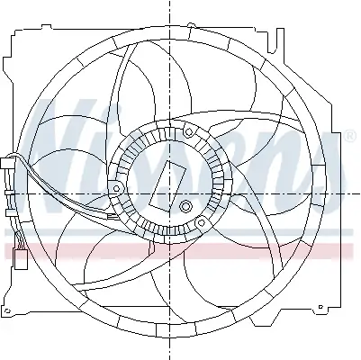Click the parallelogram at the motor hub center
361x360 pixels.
tap(167, 183)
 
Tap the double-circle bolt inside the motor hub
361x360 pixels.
tap(186, 208)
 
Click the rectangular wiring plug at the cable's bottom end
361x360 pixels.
tap(20, 262)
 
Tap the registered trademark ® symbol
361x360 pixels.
tap(348, 134)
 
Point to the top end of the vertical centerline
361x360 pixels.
tap(168, 4)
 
